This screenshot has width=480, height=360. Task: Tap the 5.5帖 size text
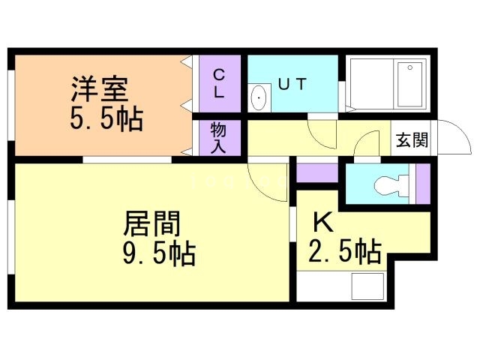point(107,118)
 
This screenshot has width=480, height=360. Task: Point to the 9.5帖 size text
point(158,253)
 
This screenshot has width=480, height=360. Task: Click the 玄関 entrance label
point(412,140)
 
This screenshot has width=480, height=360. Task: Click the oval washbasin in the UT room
point(259,97)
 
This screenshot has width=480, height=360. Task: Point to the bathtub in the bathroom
point(409,86)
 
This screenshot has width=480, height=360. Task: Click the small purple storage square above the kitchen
point(317,172)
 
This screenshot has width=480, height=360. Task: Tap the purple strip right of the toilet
point(422,184)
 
